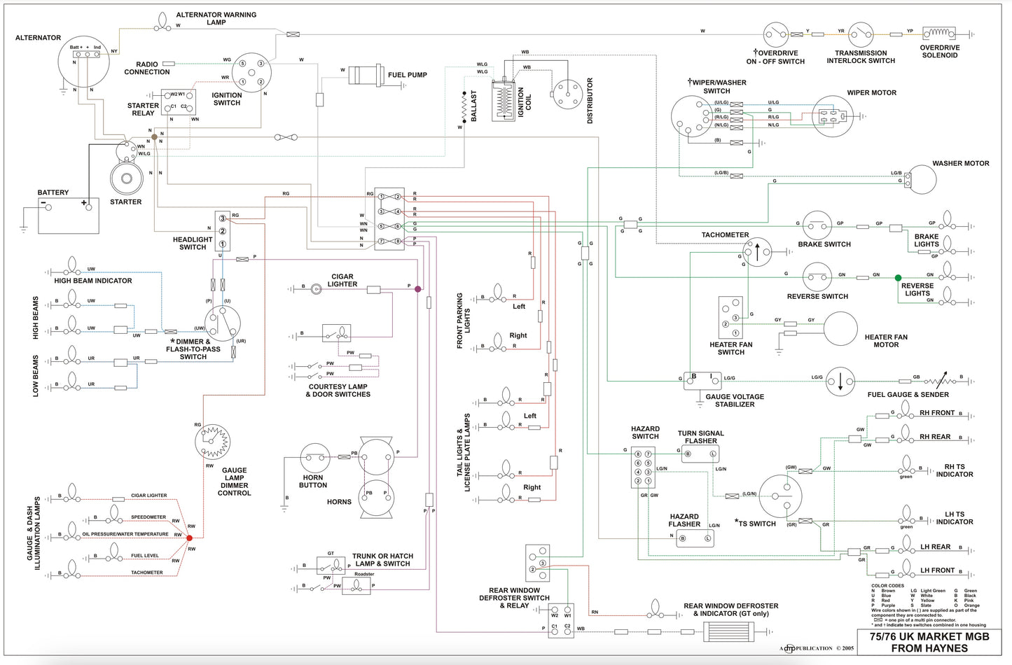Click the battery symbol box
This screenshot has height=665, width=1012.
point(68,216)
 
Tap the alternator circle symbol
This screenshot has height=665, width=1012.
point(84,62)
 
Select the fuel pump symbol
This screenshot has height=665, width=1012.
point(366,75)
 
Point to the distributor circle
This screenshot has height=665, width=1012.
point(567,94)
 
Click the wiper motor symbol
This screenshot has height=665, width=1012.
point(832,115)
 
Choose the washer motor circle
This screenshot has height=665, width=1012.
point(922,180)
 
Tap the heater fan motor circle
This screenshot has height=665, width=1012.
point(840,329)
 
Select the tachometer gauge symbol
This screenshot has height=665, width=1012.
point(756,252)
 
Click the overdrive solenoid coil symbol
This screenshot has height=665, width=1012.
point(939,33)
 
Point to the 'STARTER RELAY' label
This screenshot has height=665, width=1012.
point(143,109)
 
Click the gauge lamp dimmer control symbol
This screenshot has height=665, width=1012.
point(212,441)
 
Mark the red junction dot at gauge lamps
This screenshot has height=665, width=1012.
point(189,538)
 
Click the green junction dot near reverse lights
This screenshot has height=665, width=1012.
point(898,278)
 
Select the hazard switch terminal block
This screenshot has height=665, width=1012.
point(643,468)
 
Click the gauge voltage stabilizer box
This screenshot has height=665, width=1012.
point(702,380)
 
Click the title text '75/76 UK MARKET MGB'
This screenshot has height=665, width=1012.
point(929,636)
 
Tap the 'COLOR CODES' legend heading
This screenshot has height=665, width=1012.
point(887,586)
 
